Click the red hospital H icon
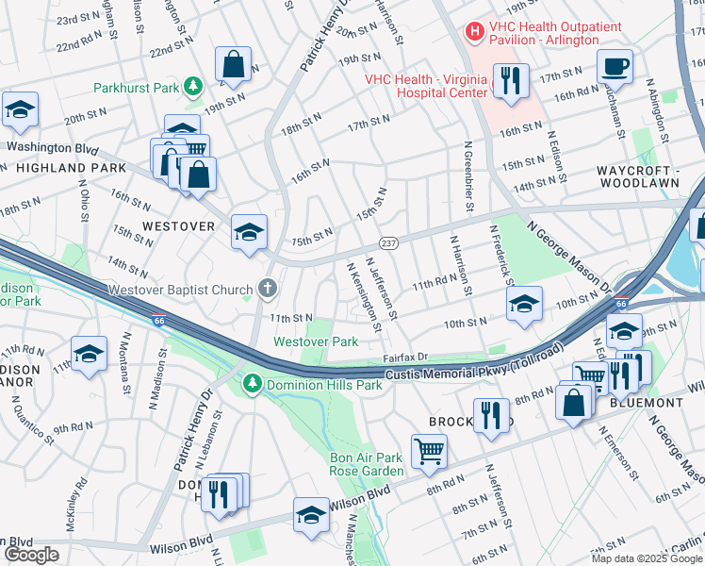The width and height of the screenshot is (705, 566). coord(475,32)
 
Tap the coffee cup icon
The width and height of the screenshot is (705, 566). coord(615,66)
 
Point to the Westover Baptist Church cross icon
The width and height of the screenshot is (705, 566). coord(268,289)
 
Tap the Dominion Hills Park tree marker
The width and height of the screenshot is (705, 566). coord(252,384)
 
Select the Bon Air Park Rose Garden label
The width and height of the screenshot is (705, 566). coord(366,464)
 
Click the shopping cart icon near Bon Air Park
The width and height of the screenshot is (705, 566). coord(429,451)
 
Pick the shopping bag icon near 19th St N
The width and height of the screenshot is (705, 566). coord(233,65)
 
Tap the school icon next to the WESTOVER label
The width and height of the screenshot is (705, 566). coord(249,232)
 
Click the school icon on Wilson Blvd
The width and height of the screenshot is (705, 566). coord(310,514)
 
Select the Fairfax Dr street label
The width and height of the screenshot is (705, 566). coord(405,358)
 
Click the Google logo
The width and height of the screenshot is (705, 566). coord(31,555)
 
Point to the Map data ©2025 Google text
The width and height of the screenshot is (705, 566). coord(645,558)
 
